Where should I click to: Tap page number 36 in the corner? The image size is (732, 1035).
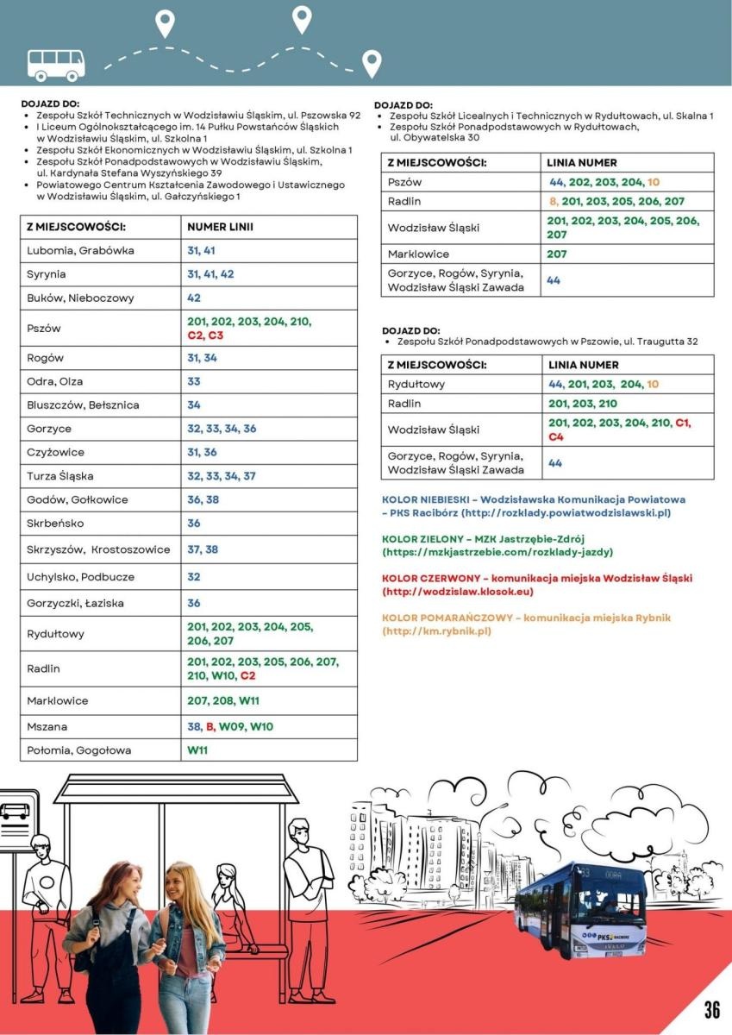pyautogui.click(x=711, y=1010)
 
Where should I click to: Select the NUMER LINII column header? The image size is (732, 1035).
pyautogui.click(x=220, y=227)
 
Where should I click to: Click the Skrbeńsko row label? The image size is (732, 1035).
pyautogui.click(x=53, y=523)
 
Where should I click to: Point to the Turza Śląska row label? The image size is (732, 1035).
pyautogui.click(x=60, y=475)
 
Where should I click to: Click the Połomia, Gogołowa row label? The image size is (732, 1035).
pyautogui.click(x=78, y=750)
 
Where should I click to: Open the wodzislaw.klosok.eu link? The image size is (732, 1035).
pyautogui.click(x=457, y=592)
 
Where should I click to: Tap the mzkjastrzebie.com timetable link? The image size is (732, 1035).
pyautogui.click(x=497, y=552)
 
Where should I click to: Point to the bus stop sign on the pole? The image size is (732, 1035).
pyautogui.click(x=16, y=812)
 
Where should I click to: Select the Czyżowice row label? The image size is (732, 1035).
pyautogui.click(x=55, y=452)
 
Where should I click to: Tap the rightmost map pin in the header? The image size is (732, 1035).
pyautogui.click(x=372, y=63)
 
